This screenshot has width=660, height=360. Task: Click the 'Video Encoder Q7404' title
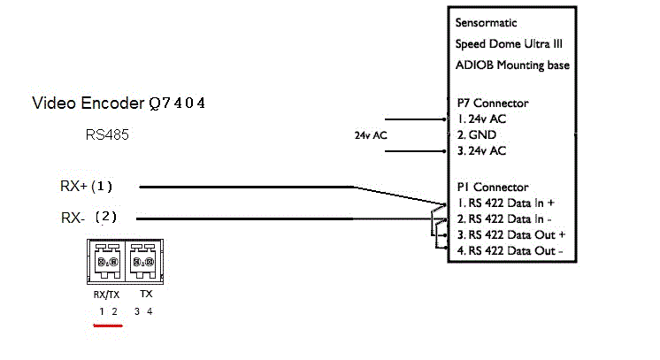coord(119,103)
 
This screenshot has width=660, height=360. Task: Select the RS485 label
coord(106,134)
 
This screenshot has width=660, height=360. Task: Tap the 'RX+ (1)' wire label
coord(86,187)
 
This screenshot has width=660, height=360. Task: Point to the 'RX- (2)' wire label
coord(88,217)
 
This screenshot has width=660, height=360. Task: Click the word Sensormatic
coord(486,23)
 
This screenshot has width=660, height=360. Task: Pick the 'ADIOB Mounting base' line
coord(512,65)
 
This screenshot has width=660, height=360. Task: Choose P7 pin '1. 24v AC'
coord(481,119)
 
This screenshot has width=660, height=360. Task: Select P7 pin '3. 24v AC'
coord(481,151)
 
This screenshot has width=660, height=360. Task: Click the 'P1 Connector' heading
coord(492,187)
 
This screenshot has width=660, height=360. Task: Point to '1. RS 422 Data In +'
coord(505,203)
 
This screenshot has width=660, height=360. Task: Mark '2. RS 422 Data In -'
coord(505,218)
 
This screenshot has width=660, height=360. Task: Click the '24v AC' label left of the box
coord(370,135)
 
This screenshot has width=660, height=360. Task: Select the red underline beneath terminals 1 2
coord(107,324)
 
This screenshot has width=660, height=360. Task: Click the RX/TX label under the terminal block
coord(106,293)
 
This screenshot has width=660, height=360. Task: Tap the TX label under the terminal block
coord(146,293)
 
